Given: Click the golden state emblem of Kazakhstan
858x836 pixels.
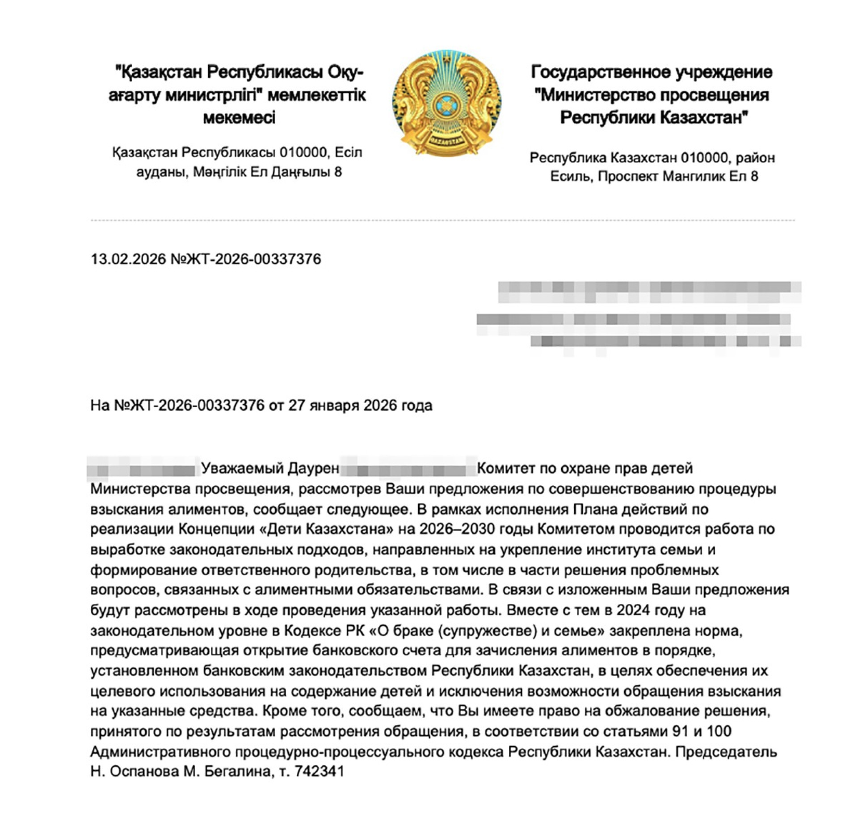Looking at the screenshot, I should [446, 103].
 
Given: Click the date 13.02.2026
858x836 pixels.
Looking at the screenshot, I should [128, 259].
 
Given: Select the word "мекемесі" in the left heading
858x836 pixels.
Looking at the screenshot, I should [239, 118].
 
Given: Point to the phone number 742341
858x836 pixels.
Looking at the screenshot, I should [320, 771].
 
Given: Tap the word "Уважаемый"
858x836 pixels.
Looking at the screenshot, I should [242, 468].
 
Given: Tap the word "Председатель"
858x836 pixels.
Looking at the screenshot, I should [726, 752].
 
